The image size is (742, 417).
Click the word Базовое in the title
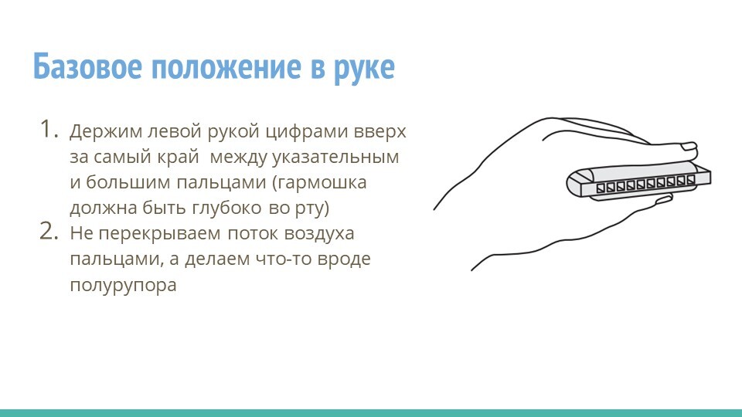click(87, 66)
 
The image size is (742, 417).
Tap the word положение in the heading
click(226, 67)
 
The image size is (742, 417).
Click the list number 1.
click(49, 129)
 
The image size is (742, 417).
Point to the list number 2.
click(49, 231)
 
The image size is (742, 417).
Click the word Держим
click(106, 131)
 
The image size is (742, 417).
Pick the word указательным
click(335, 158)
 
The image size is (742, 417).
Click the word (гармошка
click(319, 183)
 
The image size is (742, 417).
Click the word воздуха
click(319, 234)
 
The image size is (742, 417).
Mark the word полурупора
click(123, 286)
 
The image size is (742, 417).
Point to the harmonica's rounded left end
click(574, 184)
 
